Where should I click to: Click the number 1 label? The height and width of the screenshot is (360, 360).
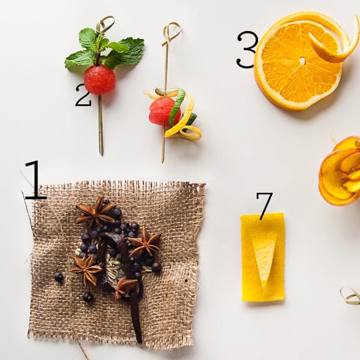click(35, 181)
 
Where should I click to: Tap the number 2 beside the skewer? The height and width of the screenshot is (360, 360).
click(83, 95)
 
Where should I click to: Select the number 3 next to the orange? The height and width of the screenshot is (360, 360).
click(247, 49)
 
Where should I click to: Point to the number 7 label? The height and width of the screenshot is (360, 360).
click(264, 206)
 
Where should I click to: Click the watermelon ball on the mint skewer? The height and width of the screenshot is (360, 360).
click(99, 80)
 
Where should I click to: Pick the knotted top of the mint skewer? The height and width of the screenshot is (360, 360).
click(105, 24)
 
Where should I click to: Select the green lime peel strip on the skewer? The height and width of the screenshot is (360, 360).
click(176, 107)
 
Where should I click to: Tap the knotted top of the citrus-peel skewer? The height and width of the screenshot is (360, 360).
click(171, 31)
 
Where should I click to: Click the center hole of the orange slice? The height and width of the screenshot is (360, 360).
click(302, 60)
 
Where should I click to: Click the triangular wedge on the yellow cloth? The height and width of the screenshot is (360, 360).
click(264, 256)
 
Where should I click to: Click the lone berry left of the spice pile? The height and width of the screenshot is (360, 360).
click(59, 278)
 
